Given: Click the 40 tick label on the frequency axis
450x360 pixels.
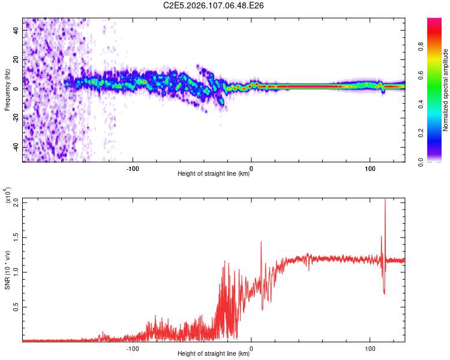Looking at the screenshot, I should tap(16, 30).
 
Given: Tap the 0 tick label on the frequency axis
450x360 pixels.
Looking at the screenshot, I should tap(16, 89).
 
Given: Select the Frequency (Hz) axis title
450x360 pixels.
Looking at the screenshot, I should tap(7, 90).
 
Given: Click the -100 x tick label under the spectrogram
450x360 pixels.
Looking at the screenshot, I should tap(133, 167).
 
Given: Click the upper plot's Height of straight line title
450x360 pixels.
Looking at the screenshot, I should tap(214, 174).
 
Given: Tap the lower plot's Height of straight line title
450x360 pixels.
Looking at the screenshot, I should tap(214, 354).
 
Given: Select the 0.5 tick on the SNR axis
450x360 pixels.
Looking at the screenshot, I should tap(16, 307).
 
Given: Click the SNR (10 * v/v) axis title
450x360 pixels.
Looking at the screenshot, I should tap(7, 269).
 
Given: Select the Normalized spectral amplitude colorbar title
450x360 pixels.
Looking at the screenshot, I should tap(445, 90).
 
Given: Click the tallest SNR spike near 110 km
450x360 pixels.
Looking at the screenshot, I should tap(385, 200).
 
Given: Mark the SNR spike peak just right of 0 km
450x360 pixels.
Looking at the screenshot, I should tap(261, 242).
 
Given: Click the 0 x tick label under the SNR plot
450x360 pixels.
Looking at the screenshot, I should tap(251, 347).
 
